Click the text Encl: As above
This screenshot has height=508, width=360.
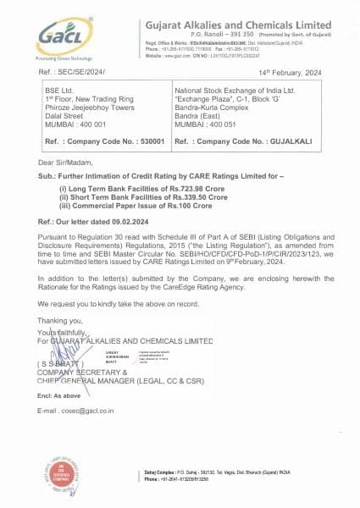pos(59,395)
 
